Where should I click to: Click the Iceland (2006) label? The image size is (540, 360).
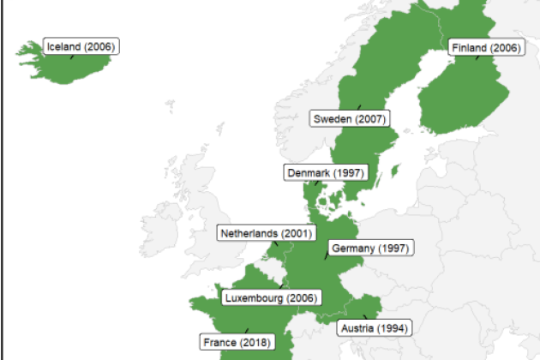[x=81, y=46]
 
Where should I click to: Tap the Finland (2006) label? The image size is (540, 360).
[x=484, y=48]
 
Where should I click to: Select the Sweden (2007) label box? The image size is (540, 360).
[x=347, y=118]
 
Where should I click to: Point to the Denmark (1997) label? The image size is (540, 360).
[x=326, y=172]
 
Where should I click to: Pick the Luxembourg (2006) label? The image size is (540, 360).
[x=270, y=297]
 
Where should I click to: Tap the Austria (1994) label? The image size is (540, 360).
[x=375, y=327]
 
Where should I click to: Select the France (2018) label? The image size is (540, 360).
[x=237, y=342]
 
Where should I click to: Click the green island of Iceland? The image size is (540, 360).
[x=60, y=69]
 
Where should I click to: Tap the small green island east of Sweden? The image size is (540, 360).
[x=395, y=171]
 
